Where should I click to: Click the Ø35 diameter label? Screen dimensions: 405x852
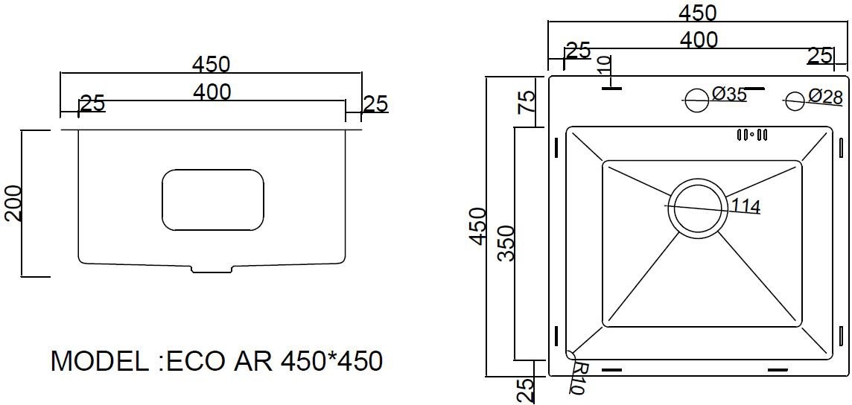point(729,95)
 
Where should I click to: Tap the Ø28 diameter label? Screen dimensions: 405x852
point(825,97)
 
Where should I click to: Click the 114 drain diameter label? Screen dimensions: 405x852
point(745,206)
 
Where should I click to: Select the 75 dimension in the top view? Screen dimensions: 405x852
point(526,101)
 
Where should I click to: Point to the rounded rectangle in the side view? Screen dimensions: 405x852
point(213,200)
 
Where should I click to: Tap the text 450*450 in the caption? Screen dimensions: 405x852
point(331,362)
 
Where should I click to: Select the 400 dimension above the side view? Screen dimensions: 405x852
point(212,92)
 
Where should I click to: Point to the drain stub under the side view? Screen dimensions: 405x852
point(212,269)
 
